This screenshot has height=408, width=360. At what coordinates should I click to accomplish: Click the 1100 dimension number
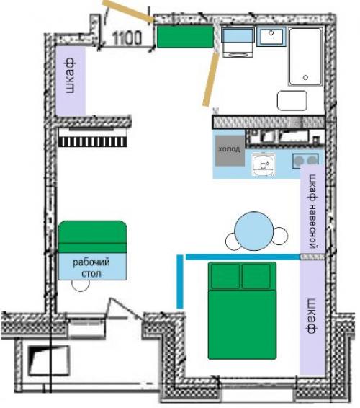[127, 38]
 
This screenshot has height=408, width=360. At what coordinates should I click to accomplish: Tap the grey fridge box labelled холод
[230, 151]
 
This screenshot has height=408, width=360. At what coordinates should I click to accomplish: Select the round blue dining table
[253, 231]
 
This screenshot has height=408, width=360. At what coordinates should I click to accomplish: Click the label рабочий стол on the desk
[91, 267]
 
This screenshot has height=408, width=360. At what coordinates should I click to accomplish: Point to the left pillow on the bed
[225, 276]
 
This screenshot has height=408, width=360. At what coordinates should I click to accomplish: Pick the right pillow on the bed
[256, 276]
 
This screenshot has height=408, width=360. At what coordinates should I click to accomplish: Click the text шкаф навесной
[313, 211]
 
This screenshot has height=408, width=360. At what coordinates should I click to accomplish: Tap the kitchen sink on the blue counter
[264, 164]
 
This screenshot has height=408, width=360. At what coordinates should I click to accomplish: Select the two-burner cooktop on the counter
[305, 160]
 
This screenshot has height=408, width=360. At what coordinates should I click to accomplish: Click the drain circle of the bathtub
[306, 77]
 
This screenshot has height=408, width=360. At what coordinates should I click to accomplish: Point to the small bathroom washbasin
[271, 36]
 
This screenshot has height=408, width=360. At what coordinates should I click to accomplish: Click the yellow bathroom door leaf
[211, 79]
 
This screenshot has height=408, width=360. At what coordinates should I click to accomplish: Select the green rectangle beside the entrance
[185, 37]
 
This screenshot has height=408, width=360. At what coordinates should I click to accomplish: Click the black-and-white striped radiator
[93, 142]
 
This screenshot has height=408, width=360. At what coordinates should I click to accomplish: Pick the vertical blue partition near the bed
[180, 282]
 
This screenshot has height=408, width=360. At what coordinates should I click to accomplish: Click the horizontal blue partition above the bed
[243, 257]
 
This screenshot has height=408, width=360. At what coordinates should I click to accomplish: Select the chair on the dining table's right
[280, 236]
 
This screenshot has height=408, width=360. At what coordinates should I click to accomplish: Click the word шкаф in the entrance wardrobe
[70, 76]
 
